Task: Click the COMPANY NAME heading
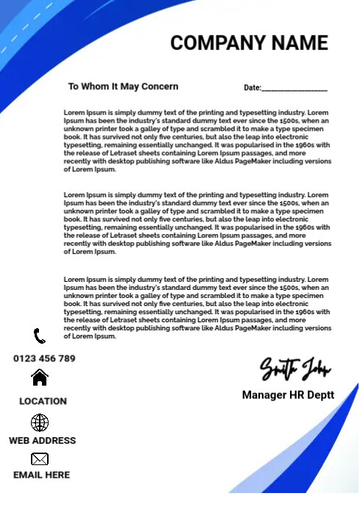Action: [x=249, y=43]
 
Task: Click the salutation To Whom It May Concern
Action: [x=123, y=86]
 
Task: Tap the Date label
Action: [x=252, y=88]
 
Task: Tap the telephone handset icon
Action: [x=40, y=336]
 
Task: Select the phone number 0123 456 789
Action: [x=44, y=358]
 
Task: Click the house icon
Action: [x=40, y=378]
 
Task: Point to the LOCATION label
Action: [x=43, y=401]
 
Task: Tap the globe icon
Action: [x=40, y=422]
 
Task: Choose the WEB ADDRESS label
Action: [x=42, y=440]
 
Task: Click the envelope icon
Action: [x=40, y=459]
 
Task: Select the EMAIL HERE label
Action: [x=41, y=475]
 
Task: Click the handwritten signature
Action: [x=294, y=368]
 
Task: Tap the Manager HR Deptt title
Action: [x=288, y=395]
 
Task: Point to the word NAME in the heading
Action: [x=301, y=43]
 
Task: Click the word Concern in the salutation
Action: [x=159, y=86]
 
